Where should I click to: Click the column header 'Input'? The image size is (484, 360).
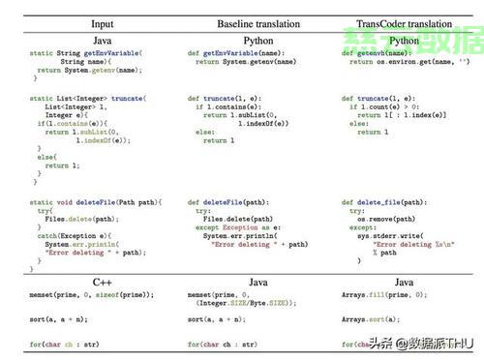102,22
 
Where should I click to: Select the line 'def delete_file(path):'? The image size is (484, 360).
383,203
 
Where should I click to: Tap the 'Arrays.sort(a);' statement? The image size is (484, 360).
372,318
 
